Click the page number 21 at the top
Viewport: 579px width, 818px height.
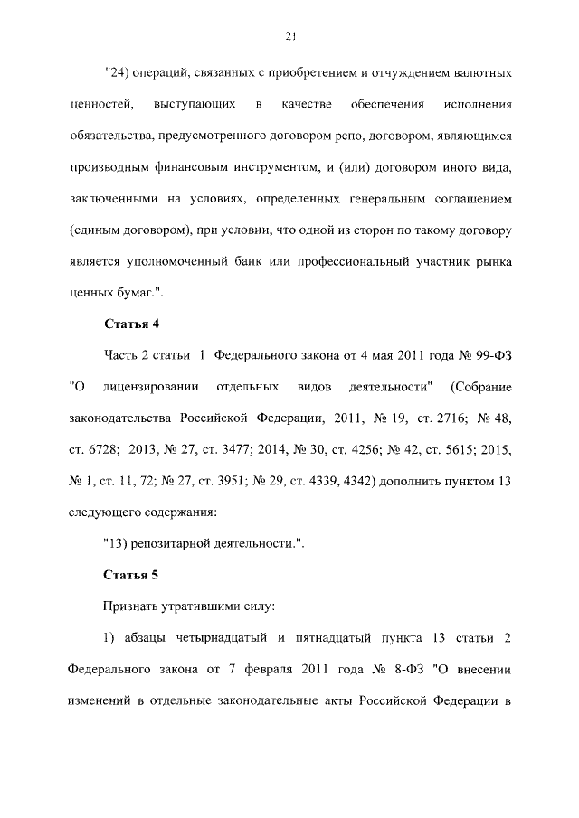[289, 36]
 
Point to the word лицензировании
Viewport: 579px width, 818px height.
[151, 388]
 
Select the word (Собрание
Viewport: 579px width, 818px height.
[479, 388]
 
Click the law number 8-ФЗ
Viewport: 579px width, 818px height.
[396, 671]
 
